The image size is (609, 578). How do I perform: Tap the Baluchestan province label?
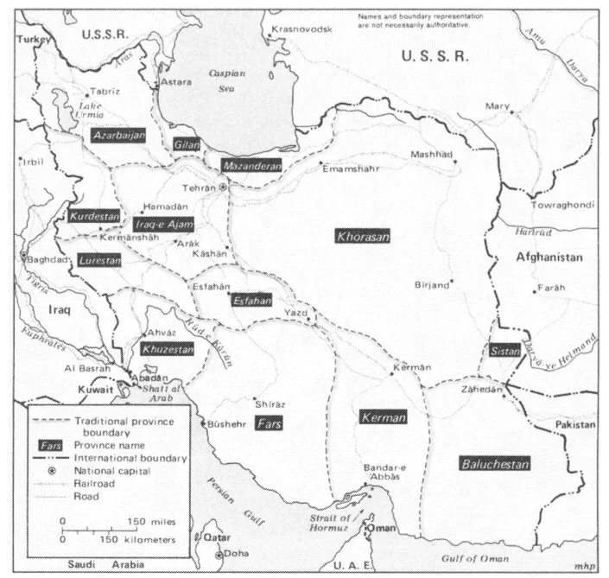tap(494, 463)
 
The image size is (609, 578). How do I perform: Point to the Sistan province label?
tap(505, 351)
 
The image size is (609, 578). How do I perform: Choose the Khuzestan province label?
tap(165, 350)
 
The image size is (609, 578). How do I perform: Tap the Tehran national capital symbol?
tap(223, 187)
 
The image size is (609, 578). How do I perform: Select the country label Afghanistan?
tap(549, 257)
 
